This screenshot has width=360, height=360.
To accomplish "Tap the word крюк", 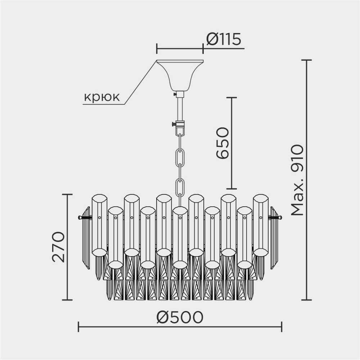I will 102,97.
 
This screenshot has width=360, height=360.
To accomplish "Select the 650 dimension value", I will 222,143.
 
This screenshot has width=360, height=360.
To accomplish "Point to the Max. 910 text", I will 297,180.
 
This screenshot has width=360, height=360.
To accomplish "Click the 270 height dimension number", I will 58,247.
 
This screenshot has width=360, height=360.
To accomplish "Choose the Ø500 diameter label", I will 180,317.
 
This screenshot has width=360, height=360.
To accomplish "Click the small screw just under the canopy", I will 175,94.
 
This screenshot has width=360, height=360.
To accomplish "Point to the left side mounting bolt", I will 84,217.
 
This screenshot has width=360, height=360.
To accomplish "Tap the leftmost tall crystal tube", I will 99,225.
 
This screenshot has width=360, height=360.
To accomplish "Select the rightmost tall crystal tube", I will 261,225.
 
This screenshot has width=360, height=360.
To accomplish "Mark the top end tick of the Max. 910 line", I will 306,60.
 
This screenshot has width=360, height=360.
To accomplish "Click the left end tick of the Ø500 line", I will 78,327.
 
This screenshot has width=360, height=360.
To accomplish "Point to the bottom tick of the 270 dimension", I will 67,300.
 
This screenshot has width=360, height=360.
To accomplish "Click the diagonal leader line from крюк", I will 140,83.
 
